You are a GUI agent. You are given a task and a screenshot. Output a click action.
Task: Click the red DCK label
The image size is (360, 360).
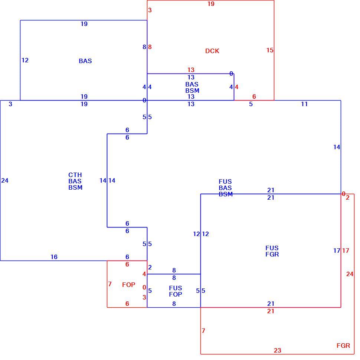(x=212, y=51)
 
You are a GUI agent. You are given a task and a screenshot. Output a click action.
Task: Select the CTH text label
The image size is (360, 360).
(x=75, y=175)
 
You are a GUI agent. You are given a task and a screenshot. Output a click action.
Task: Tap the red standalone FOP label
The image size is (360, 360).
(x=128, y=285)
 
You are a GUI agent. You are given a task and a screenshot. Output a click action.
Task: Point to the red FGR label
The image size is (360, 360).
(x=343, y=346)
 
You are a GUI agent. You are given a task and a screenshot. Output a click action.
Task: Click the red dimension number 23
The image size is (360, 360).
(x=277, y=350)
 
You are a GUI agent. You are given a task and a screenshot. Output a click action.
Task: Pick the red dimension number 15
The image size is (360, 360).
(x=270, y=50)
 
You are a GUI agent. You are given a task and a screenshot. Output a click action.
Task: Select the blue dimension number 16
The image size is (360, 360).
(x=54, y=257)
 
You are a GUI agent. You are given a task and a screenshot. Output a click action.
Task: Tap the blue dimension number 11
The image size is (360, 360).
(x=304, y=104)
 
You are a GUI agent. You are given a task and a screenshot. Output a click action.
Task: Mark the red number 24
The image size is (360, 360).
(x=350, y=274)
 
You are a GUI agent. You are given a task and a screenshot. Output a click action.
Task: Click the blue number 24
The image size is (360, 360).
(x=5, y=180)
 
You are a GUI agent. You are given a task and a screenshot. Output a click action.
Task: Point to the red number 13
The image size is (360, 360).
(x=191, y=70)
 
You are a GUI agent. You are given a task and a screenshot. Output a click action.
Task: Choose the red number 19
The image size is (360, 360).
(x=211, y=4)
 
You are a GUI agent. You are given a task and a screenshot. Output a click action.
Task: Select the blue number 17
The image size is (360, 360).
(x=337, y=251)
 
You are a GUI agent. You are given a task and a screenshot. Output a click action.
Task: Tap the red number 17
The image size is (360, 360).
(x=346, y=251)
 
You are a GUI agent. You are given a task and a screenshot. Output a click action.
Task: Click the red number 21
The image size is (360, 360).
(x=271, y=311)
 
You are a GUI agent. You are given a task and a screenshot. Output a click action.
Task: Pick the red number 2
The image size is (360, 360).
(x=348, y=197)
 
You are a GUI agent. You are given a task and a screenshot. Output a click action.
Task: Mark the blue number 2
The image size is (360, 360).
(x=150, y=267)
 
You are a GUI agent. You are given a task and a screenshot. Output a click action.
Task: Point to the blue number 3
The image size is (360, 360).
(x=10, y=104)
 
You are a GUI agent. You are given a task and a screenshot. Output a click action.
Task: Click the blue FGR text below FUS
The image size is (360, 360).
(x=272, y=254)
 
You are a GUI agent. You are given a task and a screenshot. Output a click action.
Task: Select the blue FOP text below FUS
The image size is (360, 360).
(x=176, y=294)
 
